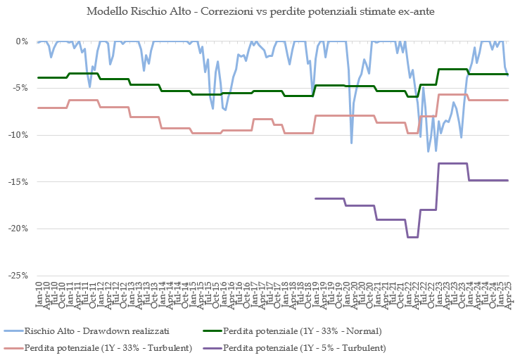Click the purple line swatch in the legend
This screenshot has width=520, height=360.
210,347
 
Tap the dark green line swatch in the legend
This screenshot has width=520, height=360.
210,330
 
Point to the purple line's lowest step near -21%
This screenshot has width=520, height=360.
412,237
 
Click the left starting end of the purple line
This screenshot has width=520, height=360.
315,198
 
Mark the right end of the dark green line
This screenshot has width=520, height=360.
507,74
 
